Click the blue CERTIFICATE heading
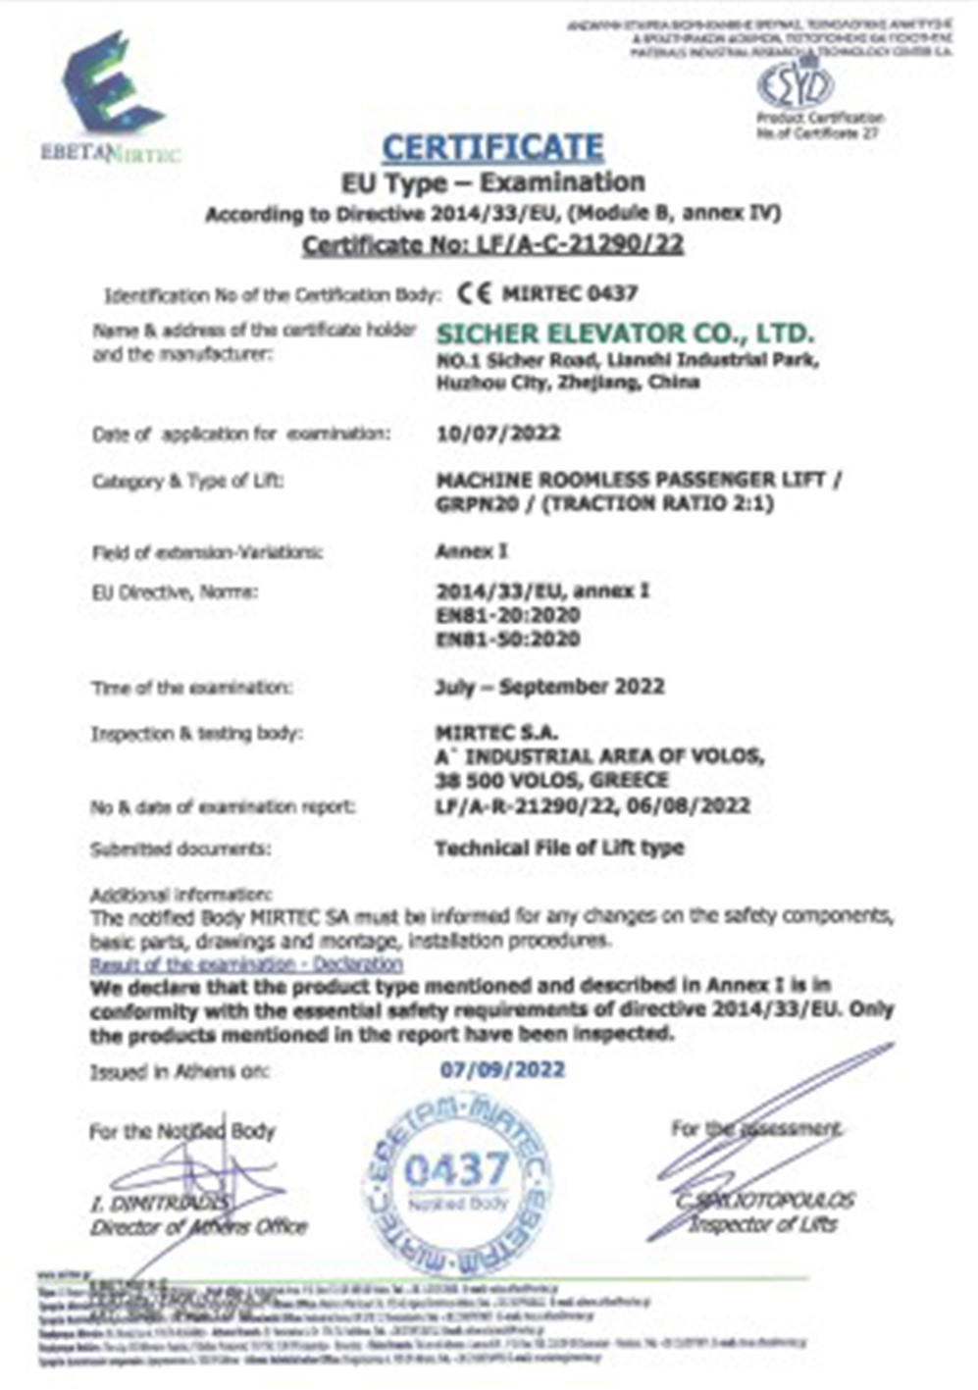pyautogui.click(x=492, y=147)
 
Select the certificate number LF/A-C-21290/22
pyautogui.click(x=492, y=244)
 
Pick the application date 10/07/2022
pyautogui.click(x=498, y=434)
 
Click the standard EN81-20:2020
pyautogui.click(x=508, y=615)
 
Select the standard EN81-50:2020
pyautogui.click(x=508, y=640)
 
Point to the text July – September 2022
pyautogui.click(x=549, y=687)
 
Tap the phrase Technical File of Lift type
pyautogui.click(x=559, y=848)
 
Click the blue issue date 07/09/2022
pyautogui.click(x=502, y=1068)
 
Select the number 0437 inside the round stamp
pyautogui.click(x=457, y=1169)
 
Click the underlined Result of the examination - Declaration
pyautogui.click(x=246, y=964)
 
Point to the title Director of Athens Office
pyautogui.click(x=199, y=1227)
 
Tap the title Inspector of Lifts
pyautogui.click(x=762, y=1224)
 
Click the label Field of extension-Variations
pyautogui.click(x=208, y=552)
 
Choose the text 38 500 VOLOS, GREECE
pyautogui.click(x=552, y=781)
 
